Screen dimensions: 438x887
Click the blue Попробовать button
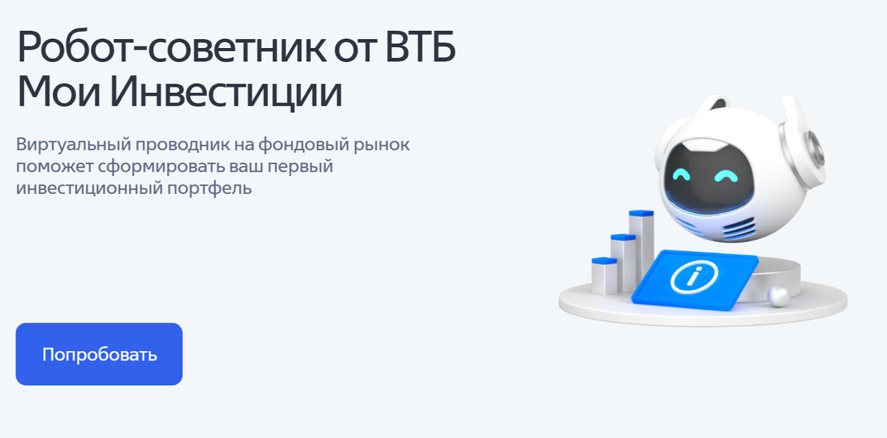click(x=99, y=354)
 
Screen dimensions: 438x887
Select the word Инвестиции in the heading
click(x=226, y=92)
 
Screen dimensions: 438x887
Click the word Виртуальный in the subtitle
click(x=73, y=145)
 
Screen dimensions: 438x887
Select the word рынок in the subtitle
click(x=381, y=145)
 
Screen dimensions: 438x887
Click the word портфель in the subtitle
click(x=210, y=188)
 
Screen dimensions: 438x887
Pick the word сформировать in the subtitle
click(x=161, y=166)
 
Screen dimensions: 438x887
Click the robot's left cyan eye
click(x=681, y=175)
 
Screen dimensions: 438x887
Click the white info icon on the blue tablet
click(x=694, y=276)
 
